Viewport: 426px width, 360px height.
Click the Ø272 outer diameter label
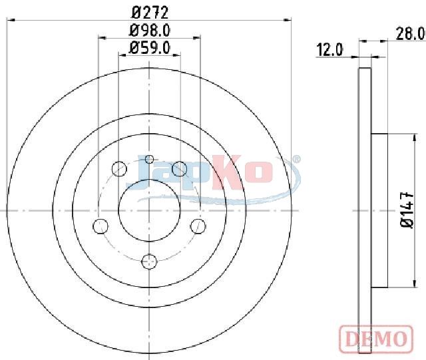pos(150,13)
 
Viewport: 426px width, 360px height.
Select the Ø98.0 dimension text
pos(150,31)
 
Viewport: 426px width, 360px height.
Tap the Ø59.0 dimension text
pos(150,48)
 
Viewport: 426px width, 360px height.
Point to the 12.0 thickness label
pos(330,50)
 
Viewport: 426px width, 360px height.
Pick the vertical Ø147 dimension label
pos(407,210)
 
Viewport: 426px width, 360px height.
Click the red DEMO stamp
pos(376,339)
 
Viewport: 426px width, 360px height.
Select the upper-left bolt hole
pos(119,169)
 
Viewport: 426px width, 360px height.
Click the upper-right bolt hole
pos(180,168)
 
